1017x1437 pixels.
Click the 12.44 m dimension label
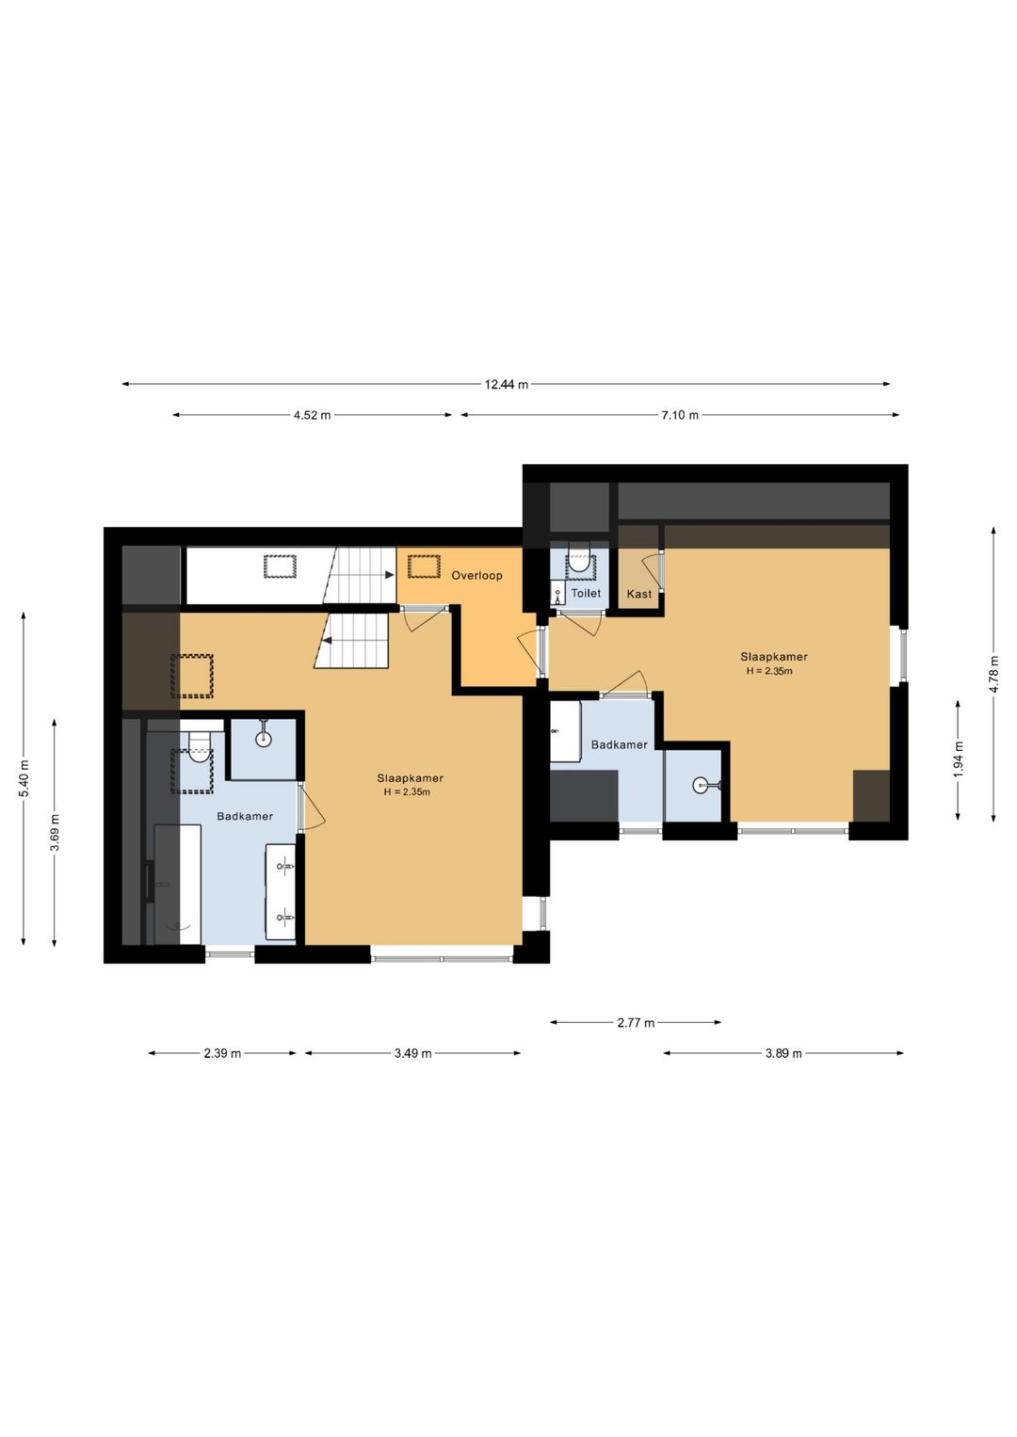pyautogui.click(x=506, y=385)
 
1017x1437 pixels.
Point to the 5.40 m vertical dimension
pyautogui.click(x=24, y=779)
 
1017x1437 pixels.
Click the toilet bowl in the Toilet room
pyautogui.click(x=579, y=559)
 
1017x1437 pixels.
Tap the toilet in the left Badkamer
pyautogui.click(x=200, y=747)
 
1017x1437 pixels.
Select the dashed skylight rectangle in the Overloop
pyautogui.click(x=425, y=567)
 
